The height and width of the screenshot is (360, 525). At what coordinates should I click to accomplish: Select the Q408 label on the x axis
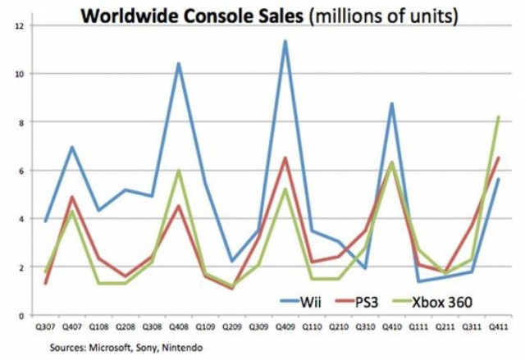pos(178,326)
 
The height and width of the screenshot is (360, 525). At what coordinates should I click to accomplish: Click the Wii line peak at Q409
pos(285,41)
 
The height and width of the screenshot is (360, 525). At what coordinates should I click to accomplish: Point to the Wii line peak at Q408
pos(178,63)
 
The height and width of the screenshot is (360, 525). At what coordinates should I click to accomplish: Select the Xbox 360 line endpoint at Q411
pos(498,116)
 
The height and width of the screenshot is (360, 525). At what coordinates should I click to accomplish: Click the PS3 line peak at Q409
pos(285,157)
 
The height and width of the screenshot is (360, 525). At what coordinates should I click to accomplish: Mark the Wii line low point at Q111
pos(418,281)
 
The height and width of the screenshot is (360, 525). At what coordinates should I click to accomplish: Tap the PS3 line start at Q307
pos(45,284)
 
